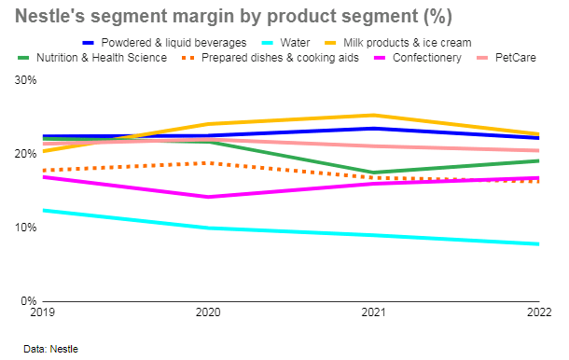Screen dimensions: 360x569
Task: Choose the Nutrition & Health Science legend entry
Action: [x=102, y=58]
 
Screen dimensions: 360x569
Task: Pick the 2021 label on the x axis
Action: [x=372, y=312]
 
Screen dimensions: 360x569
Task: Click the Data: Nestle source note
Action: [x=51, y=348]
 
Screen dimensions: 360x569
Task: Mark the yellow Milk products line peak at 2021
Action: [x=372, y=116]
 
